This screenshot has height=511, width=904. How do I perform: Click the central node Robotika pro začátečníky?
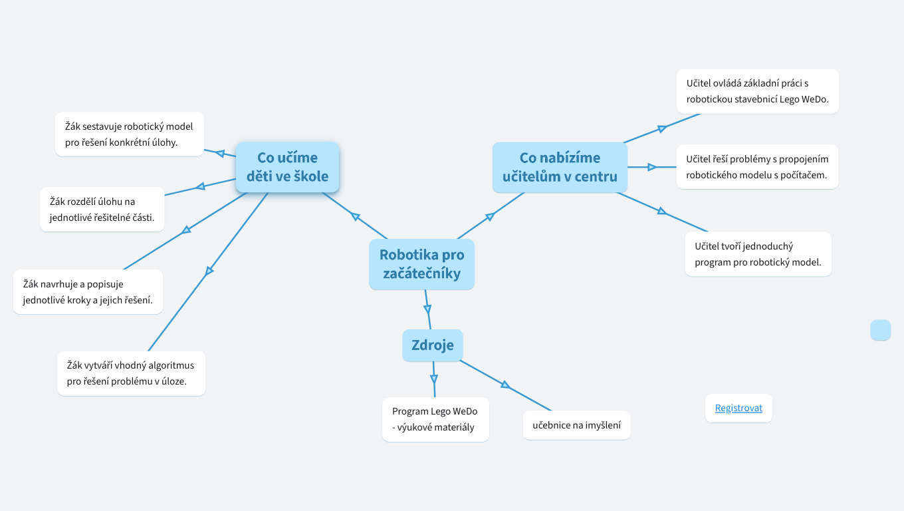pos(421,264)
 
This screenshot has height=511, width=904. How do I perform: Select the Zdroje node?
pos(432,345)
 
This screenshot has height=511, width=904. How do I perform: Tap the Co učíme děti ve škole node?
pos(287,167)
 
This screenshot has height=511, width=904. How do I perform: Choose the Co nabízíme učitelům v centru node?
pos(560,167)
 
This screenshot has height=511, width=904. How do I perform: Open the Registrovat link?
pos(738,408)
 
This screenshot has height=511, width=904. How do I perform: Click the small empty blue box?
pos(880,330)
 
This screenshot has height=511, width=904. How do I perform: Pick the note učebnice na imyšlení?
pos(576,425)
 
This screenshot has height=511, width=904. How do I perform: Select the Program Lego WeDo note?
pos(435,419)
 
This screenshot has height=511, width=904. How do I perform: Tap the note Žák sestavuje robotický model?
pos(129,134)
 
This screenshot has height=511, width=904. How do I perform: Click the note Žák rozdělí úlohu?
pos(102,209)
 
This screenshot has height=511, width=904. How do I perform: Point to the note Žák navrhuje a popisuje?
pos(88,291)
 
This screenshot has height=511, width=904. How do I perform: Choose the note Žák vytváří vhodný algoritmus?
pos(131,373)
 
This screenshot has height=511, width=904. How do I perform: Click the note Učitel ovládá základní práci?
pos(757,91)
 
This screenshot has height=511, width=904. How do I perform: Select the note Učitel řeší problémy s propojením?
pos(757,167)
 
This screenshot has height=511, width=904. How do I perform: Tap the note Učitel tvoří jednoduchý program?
pos(758,254)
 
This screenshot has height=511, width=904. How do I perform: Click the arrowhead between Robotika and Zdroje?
pos(427,309)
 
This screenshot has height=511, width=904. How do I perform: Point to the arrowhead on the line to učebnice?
pos(505,385)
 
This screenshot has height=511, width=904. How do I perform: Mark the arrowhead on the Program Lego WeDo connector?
pos(434,379)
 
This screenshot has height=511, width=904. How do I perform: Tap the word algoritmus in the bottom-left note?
pos(171,365)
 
